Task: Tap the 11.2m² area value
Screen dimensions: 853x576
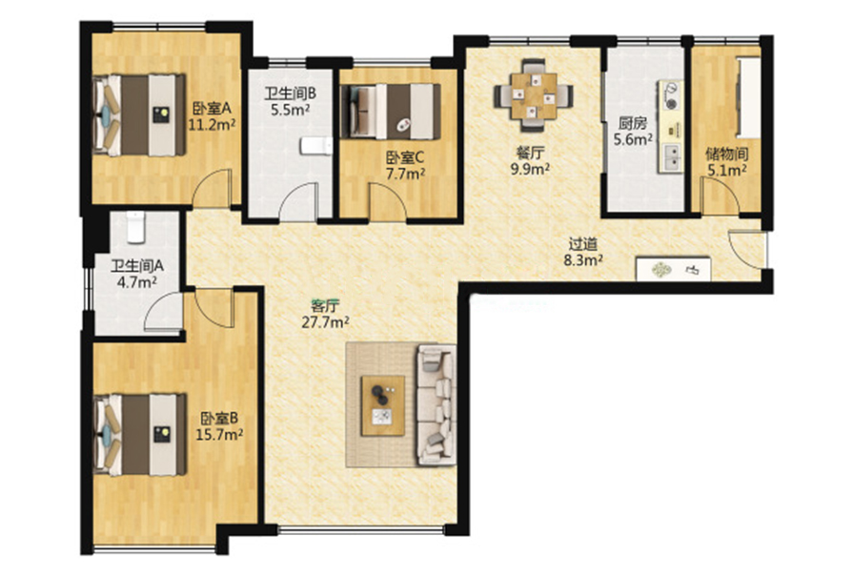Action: pyautogui.click(x=212, y=125)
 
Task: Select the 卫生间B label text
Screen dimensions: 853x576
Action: pyautogui.click(x=290, y=93)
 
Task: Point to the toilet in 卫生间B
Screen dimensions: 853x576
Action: pyautogui.click(x=316, y=146)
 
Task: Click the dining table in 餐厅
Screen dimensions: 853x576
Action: pyautogui.click(x=533, y=95)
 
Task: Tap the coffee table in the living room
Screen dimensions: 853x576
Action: pyautogui.click(x=383, y=405)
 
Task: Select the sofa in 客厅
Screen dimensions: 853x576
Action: pyautogui.click(x=436, y=404)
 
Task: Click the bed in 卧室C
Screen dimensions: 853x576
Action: pyautogui.click(x=390, y=111)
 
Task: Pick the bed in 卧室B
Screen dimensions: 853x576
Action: pyautogui.click(x=140, y=435)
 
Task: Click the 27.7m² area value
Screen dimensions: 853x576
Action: pyautogui.click(x=325, y=322)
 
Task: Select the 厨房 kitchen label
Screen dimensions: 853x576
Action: pyautogui.click(x=633, y=123)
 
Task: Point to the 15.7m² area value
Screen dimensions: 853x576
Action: pyautogui.click(x=219, y=435)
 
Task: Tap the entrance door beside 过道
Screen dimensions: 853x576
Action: pyautogui.click(x=748, y=250)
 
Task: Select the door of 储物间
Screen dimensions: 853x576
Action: pyautogui.click(x=720, y=196)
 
